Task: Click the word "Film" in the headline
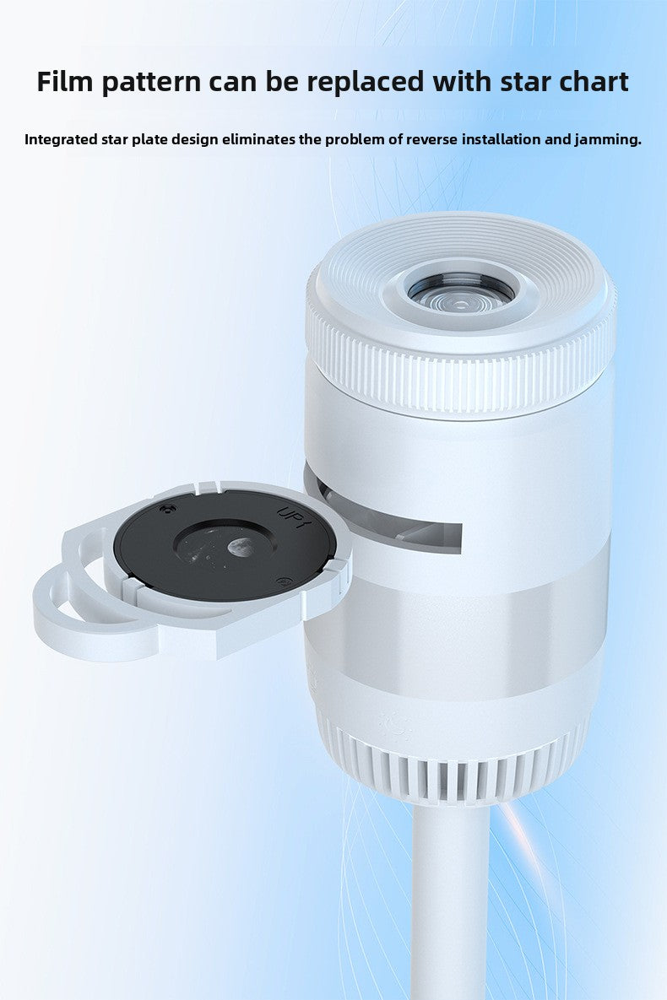(64, 82)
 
